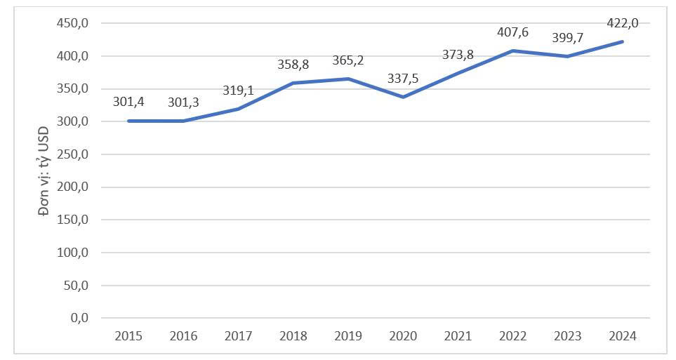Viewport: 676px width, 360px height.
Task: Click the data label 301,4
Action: tap(128, 102)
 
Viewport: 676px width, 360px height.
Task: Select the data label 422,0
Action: tap(623, 23)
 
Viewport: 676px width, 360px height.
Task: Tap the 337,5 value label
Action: tap(403, 79)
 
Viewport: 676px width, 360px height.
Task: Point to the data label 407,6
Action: tap(512, 32)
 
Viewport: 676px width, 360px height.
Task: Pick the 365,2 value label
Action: tap(348, 60)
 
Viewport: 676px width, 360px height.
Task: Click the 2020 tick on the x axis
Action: tap(403, 336)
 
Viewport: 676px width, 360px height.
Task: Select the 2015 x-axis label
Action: tap(128, 336)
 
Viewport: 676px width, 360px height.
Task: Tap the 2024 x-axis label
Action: tap(623, 336)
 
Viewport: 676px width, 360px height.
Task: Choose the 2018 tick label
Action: tap(293, 336)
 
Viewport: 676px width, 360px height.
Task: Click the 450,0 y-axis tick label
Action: tap(72, 23)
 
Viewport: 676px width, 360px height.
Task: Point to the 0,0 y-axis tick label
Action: tap(79, 318)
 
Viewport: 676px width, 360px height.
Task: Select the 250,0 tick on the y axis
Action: tap(72, 154)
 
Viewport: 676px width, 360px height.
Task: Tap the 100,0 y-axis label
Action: tap(72, 253)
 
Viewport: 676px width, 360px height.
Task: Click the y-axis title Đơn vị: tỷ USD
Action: tap(44, 171)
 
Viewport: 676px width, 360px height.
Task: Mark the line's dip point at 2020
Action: tap(403, 97)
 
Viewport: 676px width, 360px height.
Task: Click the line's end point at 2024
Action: tap(623, 42)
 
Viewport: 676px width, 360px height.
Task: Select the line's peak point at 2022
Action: tap(512, 51)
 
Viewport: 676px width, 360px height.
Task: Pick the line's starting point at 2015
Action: tap(128, 121)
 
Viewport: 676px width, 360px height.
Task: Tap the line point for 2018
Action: tap(293, 83)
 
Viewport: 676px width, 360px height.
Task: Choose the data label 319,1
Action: tap(239, 91)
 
